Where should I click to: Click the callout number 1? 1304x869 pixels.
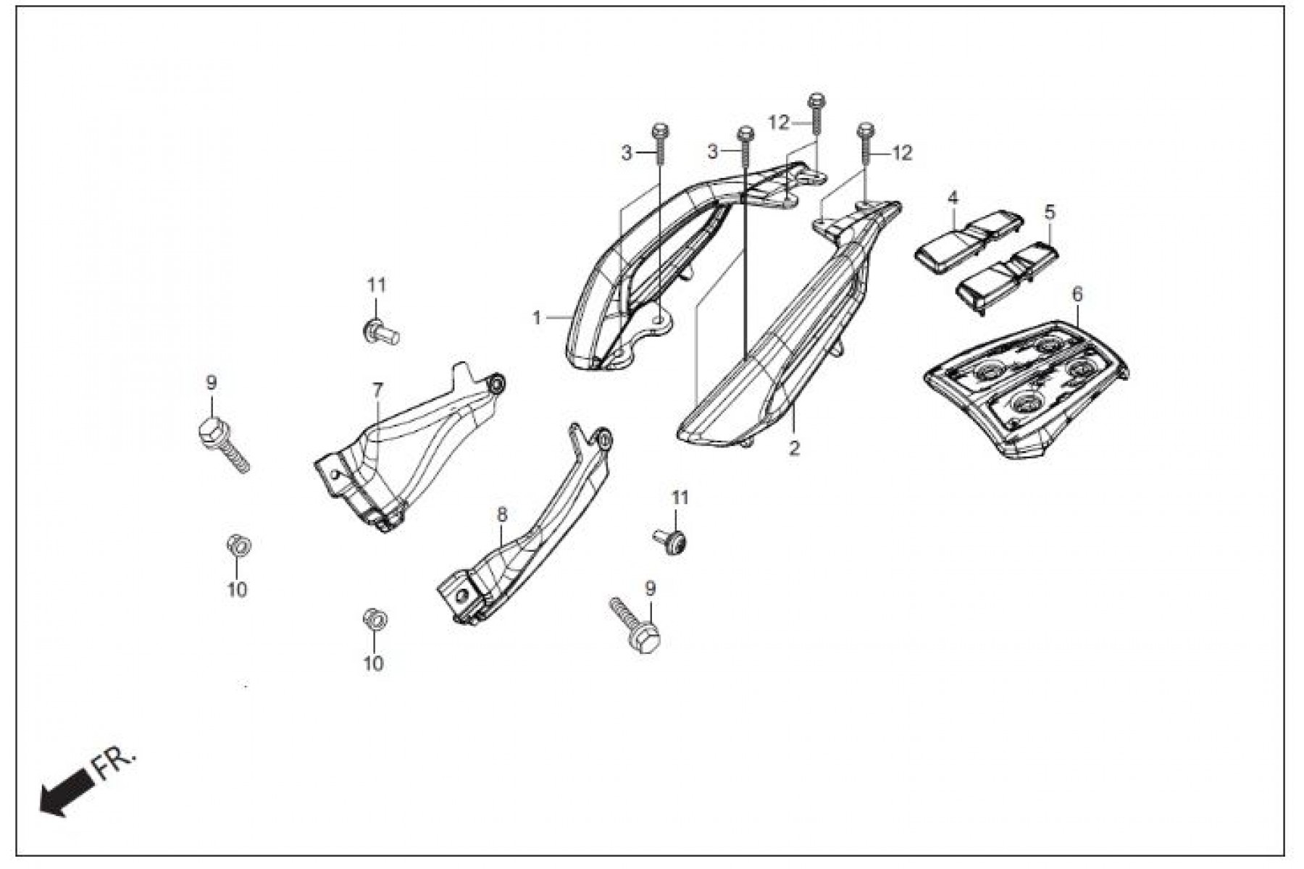(x=537, y=317)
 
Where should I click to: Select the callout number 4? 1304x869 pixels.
(x=953, y=198)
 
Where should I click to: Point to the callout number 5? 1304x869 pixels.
(x=1050, y=212)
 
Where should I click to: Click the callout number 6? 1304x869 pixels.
(x=1077, y=294)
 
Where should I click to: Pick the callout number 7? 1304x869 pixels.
(x=377, y=391)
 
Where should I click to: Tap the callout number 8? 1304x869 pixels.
(x=502, y=515)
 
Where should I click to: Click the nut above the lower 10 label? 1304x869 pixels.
(x=374, y=620)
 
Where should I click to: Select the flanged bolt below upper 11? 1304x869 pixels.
(x=380, y=333)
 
